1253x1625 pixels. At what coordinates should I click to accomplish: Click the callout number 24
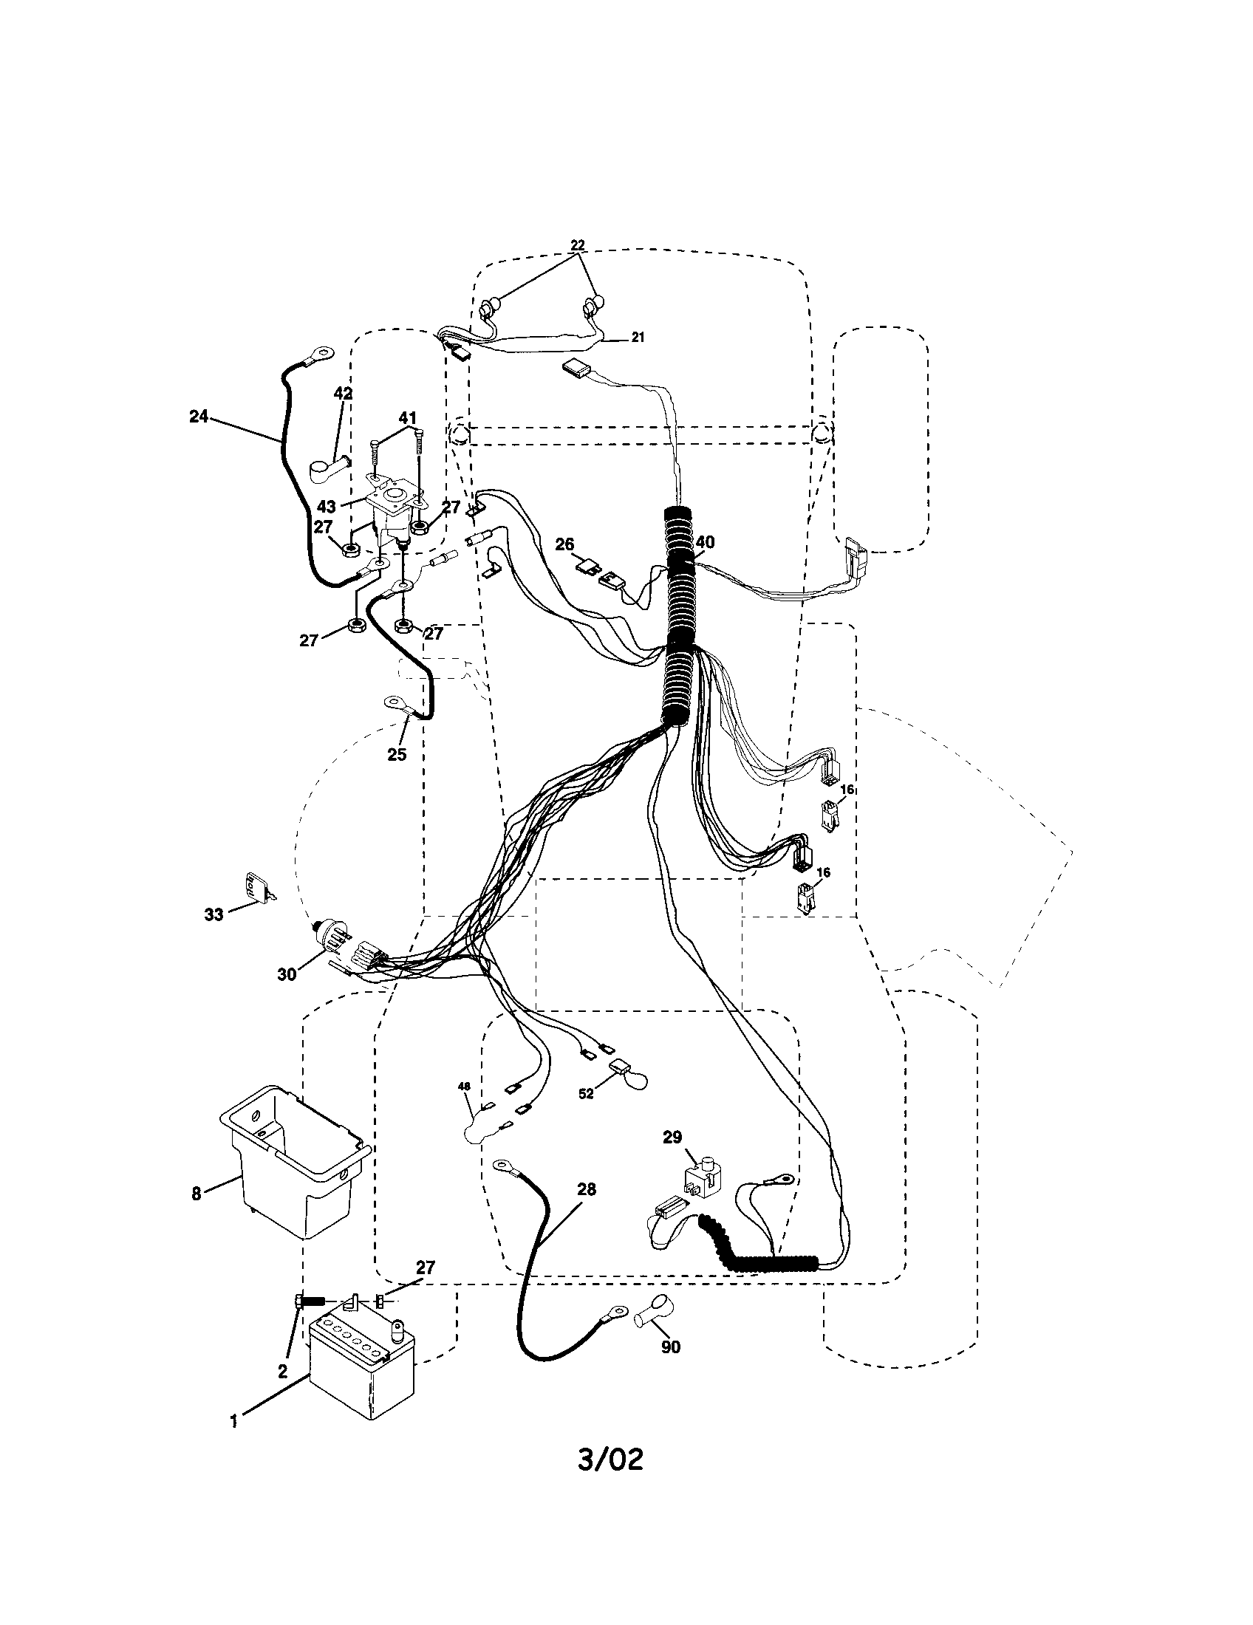click(198, 417)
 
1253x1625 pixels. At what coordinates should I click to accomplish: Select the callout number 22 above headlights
click(578, 244)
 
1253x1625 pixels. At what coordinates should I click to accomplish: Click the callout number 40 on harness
click(704, 542)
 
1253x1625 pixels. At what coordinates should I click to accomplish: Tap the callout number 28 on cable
click(587, 1189)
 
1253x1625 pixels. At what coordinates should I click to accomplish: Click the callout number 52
click(587, 1094)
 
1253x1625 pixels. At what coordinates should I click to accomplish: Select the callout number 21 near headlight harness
click(638, 337)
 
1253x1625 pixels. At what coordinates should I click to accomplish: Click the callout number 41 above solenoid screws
click(408, 418)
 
